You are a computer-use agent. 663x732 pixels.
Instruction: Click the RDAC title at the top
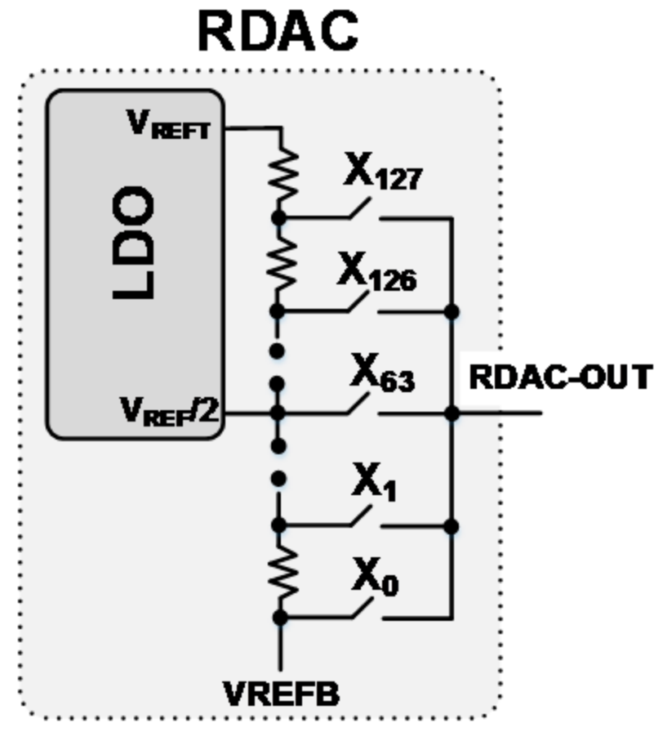278,31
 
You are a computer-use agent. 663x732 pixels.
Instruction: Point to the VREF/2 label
171,411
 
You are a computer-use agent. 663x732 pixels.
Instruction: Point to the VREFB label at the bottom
282,693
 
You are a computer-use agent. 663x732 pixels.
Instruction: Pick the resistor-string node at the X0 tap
279,618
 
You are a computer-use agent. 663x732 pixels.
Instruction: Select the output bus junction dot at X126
452,312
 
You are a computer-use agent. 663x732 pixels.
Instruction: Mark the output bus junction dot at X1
452,525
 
